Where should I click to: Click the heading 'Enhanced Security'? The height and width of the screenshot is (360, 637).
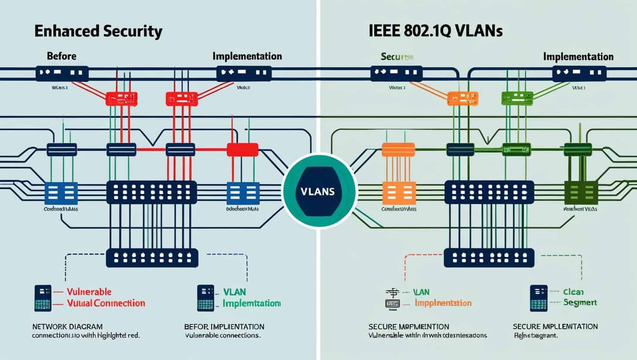tap(98, 32)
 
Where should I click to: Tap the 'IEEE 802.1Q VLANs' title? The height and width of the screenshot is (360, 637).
tap(435, 32)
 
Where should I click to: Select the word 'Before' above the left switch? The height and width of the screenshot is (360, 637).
tap(61, 56)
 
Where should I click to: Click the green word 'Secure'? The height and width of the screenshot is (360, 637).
tap(397, 57)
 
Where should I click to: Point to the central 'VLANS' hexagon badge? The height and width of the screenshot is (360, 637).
tap(319, 191)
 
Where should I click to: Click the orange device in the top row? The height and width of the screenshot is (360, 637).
tap(463, 99)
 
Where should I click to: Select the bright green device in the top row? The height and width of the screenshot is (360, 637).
tap(516, 99)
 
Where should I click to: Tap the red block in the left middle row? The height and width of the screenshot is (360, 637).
tap(242, 150)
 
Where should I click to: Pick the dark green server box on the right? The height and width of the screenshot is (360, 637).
tap(581, 193)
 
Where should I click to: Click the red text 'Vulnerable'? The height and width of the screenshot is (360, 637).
tap(89, 292)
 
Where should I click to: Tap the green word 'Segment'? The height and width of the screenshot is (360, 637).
tap(580, 302)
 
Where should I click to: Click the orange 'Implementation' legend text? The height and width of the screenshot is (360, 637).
tap(443, 303)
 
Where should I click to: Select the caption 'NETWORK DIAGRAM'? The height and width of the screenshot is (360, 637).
tap(67, 327)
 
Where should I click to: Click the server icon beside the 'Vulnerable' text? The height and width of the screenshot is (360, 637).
tap(43, 298)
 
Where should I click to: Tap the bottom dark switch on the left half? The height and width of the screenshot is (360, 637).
tap(152, 257)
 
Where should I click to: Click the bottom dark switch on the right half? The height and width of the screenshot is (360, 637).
tap(489, 257)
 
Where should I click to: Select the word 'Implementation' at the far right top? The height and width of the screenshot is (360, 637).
tap(578, 57)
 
